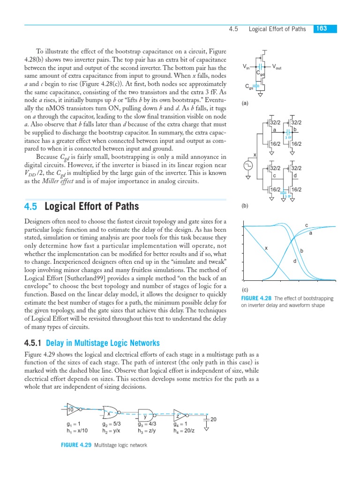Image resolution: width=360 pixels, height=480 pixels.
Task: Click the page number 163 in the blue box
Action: tap(322, 29)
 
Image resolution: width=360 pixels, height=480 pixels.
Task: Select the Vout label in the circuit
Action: tap(277, 67)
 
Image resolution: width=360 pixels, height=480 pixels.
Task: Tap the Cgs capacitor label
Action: tap(249, 87)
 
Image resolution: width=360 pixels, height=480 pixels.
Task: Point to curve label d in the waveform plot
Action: tap(294, 261)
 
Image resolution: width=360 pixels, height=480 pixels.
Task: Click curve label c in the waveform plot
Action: tap(307, 225)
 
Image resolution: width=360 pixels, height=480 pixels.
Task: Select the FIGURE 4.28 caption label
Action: tap(256, 299)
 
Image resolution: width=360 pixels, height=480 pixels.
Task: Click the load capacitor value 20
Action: tap(213, 419)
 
